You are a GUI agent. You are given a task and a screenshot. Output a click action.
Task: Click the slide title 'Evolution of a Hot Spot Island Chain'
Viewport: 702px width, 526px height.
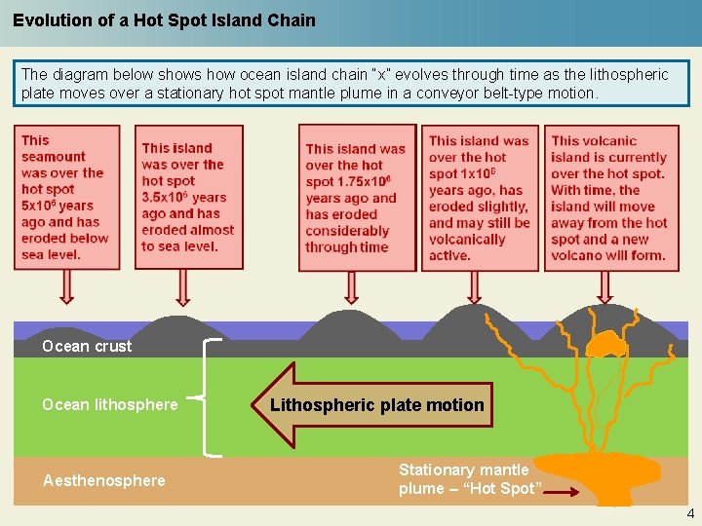tap(164, 19)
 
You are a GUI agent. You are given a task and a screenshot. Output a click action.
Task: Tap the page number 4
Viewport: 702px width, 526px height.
tap(690, 513)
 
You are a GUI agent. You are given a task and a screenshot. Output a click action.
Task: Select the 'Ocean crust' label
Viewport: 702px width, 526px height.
tap(87, 346)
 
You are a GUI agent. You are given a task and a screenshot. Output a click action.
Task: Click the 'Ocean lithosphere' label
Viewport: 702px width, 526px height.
tap(110, 404)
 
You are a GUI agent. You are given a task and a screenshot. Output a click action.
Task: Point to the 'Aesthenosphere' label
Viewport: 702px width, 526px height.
tap(104, 480)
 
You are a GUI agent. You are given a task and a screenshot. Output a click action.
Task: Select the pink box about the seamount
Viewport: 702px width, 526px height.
tap(66, 197)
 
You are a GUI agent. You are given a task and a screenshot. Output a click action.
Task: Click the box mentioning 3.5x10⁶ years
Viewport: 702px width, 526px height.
tap(187, 197)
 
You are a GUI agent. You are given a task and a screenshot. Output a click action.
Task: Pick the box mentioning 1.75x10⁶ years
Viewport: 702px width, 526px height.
tap(356, 197)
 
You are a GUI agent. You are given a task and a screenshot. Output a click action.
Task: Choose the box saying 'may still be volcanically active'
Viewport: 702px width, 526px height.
tap(480, 197)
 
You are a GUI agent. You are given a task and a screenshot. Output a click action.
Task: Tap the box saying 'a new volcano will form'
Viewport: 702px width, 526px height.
tap(609, 197)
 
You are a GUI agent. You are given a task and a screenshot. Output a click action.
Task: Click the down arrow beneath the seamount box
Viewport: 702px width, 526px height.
tap(66, 286)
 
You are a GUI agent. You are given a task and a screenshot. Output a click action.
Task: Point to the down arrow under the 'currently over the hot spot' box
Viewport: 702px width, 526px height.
tap(605, 286)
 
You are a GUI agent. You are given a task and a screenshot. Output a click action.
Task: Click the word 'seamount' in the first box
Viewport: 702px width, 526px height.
tap(54, 157)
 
